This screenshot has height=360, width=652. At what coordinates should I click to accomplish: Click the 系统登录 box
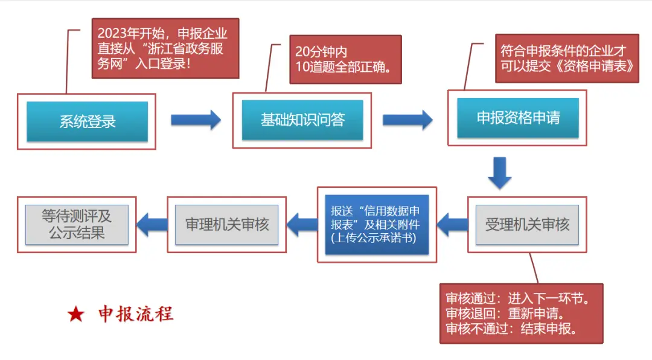click(87, 121)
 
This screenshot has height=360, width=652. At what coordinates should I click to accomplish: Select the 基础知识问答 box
click(302, 120)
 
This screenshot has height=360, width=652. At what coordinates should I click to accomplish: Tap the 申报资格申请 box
click(517, 118)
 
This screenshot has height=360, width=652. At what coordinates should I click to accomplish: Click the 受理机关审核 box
click(527, 225)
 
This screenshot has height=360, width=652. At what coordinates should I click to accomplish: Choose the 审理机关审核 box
click(226, 225)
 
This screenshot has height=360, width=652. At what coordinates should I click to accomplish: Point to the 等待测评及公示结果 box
click(77, 224)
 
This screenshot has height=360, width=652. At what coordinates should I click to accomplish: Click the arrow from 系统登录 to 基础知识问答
click(195, 120)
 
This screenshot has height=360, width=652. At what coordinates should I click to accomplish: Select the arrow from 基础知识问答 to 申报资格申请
click(407, 120)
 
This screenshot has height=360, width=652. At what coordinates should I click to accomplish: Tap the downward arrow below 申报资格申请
click(499, 173)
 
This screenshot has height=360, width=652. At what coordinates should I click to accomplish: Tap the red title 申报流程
click(136, 314)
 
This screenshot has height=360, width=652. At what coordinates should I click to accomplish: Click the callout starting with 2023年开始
click(165, 48)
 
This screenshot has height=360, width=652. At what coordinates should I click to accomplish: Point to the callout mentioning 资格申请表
click(567, 59)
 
